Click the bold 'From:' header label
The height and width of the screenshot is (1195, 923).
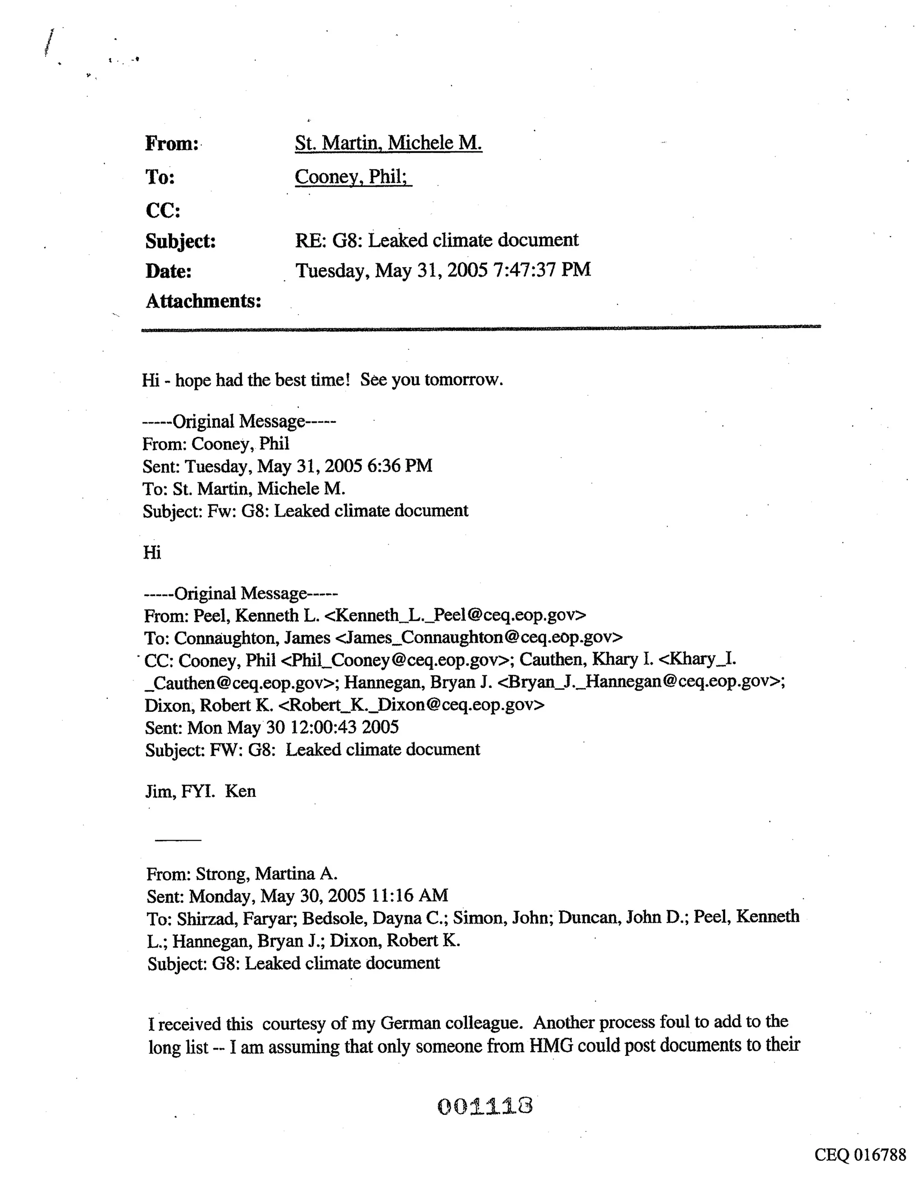(x=171, y=144)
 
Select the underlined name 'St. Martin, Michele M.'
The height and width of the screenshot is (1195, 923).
(x=388, y=143)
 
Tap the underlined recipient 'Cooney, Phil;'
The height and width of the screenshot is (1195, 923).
(x=353, y=177)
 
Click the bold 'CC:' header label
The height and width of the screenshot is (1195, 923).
(x=163, y=211)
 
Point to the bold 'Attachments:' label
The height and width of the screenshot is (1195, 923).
(x=203, y=301)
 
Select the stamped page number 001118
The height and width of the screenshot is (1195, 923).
(x=485, y=1106)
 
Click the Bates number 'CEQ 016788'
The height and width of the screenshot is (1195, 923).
(x=859, y=1154)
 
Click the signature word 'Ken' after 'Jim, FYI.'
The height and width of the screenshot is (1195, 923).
(x=240, y=791)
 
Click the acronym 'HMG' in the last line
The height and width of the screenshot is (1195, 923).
(x=550, y=1046)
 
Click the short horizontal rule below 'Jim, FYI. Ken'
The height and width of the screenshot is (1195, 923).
(x=178, y=840)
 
